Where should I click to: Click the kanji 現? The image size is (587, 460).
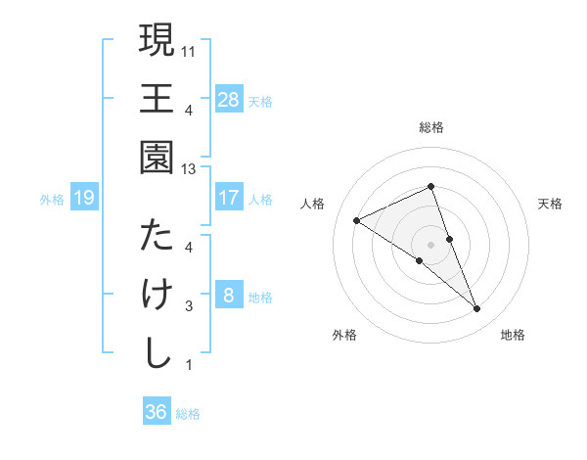[157, 41]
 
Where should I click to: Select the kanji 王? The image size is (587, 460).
[157, 100]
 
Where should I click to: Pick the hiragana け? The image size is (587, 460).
[157, 295]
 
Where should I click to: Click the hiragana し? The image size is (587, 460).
[157, 353]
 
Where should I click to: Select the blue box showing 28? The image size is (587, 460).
[228, 100]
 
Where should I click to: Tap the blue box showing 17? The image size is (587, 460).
[228, 198]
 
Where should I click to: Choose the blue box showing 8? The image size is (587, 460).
[228, 296]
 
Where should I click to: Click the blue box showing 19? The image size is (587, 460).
[84, 199]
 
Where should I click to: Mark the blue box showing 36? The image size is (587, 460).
[157, 412]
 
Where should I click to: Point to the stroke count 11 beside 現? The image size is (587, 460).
[189, 49]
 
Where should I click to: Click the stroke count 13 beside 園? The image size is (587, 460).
[189, 169]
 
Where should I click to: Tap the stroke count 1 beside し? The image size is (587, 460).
[189, 366]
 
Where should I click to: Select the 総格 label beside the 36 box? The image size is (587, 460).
[189, 414]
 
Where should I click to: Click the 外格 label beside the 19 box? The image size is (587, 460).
[52, 200]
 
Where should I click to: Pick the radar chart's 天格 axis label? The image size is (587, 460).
[550, 204]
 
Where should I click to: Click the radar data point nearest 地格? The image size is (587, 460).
[477, 309]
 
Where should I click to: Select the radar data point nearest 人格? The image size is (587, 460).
[357, 220]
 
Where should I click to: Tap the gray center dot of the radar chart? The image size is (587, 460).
[431, 243]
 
